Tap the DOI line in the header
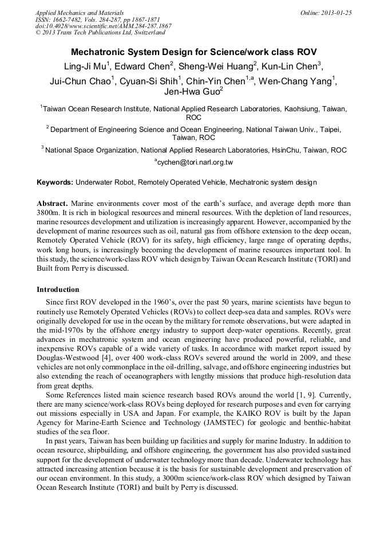pyautogui.click(x=103, y=26)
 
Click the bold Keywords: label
pyautogui.click(x=55, y=182)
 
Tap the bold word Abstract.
pyautogui.click(x=53, y=204)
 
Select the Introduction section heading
pyautogui.click(x=58, y=290)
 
